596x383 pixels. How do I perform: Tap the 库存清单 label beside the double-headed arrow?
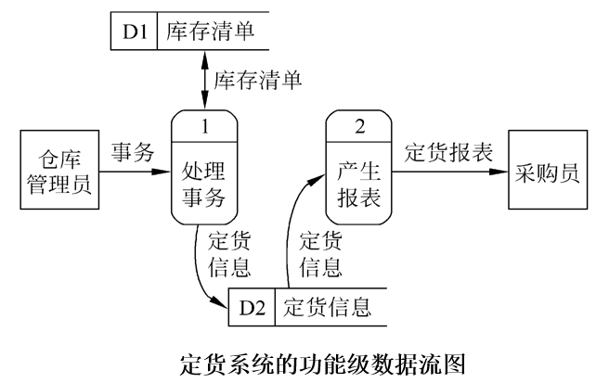tap(259, 81)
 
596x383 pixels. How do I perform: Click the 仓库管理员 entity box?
tap(57, 172)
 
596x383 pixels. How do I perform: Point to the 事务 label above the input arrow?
tap(133, 151)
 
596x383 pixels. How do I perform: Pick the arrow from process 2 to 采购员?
tap(449, 172)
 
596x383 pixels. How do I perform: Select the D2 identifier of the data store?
tap(251, 305)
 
